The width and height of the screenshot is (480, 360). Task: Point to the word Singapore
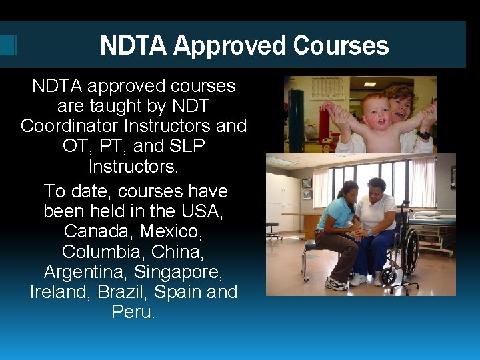click(179, 272)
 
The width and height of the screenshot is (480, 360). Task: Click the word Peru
click(133, 312)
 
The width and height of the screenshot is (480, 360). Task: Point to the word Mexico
click(169, 231)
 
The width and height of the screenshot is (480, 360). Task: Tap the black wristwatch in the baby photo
click(424, 135)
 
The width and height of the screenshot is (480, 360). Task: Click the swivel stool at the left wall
click(273, 230)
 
